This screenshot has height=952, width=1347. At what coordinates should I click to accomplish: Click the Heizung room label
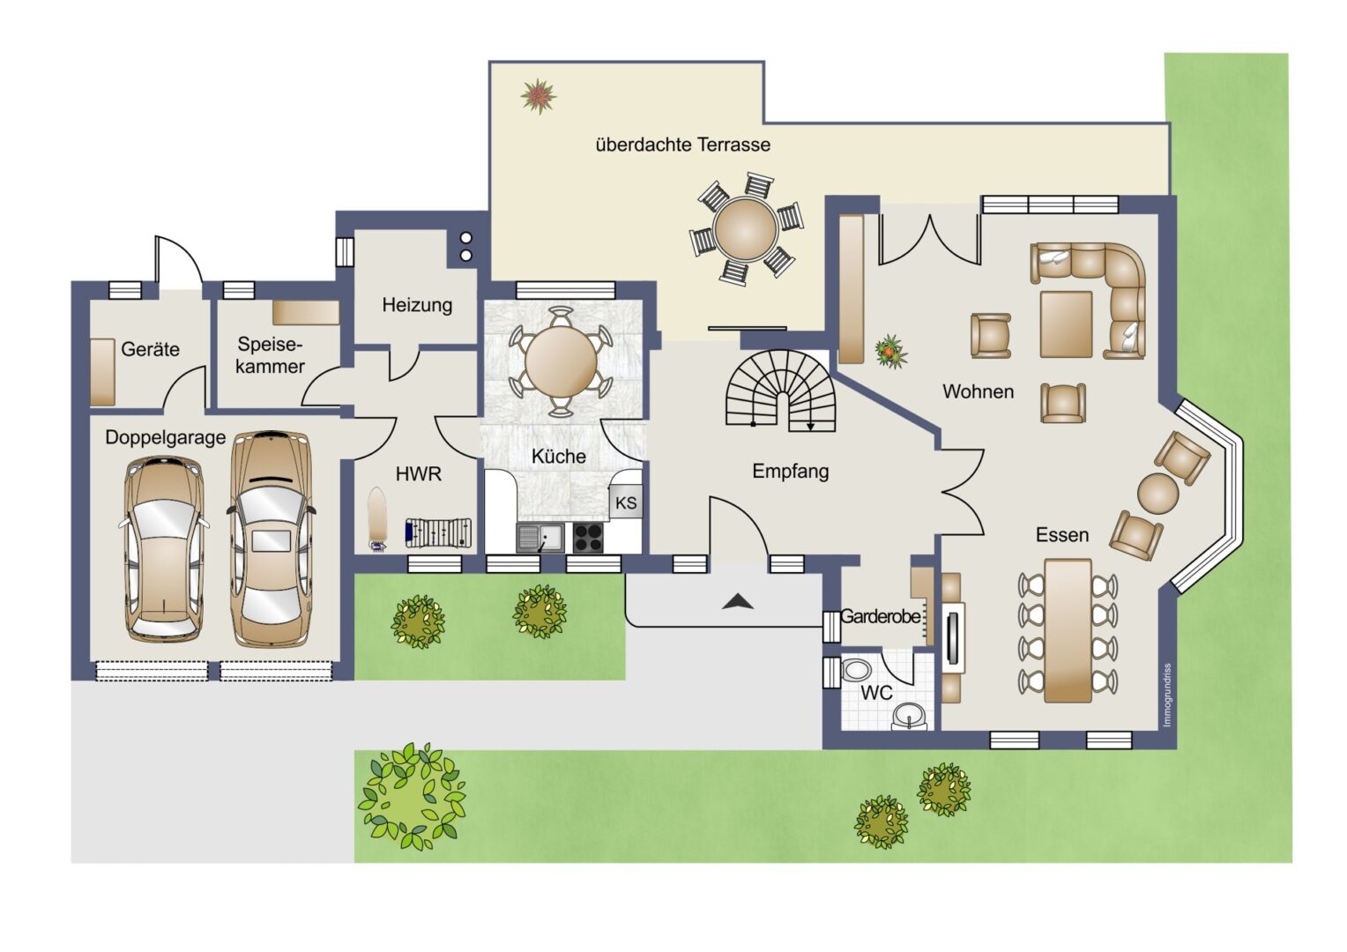[x=417, y=305]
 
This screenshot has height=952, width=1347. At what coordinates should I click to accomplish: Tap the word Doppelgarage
[x=166, y=437]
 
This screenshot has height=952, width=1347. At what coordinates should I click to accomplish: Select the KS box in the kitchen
[x=626, y=502]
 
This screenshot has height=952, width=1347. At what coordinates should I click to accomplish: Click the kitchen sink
[x=540, y=538]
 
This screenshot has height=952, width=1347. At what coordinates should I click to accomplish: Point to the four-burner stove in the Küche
[x=587, y=538]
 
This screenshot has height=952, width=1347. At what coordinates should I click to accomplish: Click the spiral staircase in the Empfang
[x=779, y=390]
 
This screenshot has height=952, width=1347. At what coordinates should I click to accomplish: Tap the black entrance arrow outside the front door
[x=738, y=601]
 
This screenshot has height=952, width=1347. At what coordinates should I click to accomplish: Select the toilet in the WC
[x=855, y=670]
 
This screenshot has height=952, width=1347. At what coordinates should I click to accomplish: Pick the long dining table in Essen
[x=1068, y=631]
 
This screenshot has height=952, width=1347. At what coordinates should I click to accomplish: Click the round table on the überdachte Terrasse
[x=745, y=228]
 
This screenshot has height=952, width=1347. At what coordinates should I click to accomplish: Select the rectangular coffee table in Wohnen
[x=1066, y=324]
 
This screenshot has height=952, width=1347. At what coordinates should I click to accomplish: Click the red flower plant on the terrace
[x=539, y=96]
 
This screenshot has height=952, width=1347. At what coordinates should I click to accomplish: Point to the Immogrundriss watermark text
[x=1167, y=695]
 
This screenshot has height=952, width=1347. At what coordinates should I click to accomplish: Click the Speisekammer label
[x=270, y=355]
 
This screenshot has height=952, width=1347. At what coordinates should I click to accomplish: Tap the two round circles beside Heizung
[x=466, y=247]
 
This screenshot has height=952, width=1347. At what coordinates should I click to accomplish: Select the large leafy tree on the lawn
[x=412, y=796]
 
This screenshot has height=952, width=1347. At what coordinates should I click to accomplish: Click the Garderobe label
[x=881, y=616]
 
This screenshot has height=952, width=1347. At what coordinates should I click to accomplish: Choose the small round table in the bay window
[x=1158, y=493]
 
